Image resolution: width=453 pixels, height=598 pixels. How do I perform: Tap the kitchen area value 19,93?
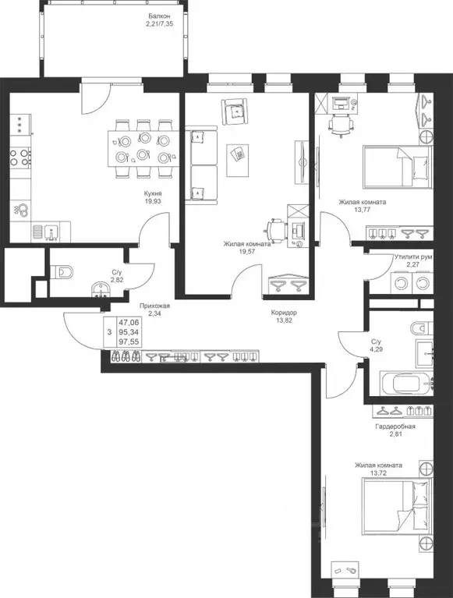tap(153, 201)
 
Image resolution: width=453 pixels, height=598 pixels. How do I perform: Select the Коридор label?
tap(284, 313)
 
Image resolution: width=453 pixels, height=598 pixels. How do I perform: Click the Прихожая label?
tap(154, 306)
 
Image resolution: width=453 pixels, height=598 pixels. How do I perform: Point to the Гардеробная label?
tap(395, 426)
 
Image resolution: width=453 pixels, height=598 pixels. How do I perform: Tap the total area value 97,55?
tap(129, 341)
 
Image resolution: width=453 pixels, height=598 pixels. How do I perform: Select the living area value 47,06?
tap(129, 322)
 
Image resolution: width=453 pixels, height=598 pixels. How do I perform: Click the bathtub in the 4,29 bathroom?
tap(406, 383)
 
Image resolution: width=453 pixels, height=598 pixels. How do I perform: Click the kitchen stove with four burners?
tap(20, 157)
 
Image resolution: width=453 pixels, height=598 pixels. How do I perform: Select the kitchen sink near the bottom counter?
tap(51, 232)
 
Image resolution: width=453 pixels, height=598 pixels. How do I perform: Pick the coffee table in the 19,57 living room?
tap(238, 160)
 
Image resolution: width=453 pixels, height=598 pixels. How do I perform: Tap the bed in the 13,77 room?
tap(398, 167)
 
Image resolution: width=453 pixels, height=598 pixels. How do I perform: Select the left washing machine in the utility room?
tap(401, 283)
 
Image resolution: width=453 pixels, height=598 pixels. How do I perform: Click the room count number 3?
tap(109, 332)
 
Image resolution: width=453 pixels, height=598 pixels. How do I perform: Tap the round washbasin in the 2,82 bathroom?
tap(101, 289)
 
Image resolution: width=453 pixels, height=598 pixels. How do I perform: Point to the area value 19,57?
tap(247, 251)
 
